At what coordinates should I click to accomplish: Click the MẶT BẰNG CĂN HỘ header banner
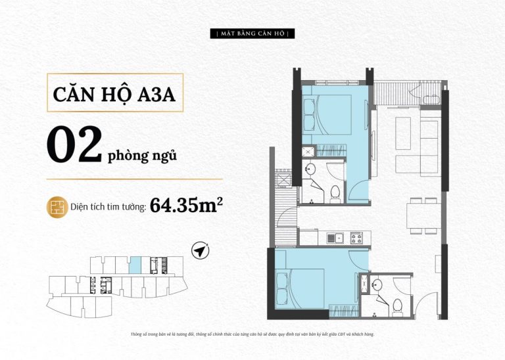[252, 34]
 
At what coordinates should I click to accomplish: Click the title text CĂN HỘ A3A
[114, 94]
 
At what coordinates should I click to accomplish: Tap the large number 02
[74, 144]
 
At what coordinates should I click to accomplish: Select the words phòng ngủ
[142, 156]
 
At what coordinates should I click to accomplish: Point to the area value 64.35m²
[187, 204]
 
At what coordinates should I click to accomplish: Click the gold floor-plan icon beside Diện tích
[57, 207]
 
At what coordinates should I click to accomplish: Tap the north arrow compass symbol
[200, 250]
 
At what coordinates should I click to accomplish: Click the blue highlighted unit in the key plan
[135, 265]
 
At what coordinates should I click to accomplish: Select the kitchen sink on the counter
[335, 238]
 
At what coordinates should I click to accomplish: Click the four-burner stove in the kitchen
[357, 238]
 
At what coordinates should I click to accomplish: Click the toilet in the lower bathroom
[397, 307]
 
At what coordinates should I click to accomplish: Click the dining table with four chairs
[423, 215]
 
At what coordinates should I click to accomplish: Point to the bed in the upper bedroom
[327, 114]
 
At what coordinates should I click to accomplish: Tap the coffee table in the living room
[403, 133]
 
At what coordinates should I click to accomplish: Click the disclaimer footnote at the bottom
[252, 334]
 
